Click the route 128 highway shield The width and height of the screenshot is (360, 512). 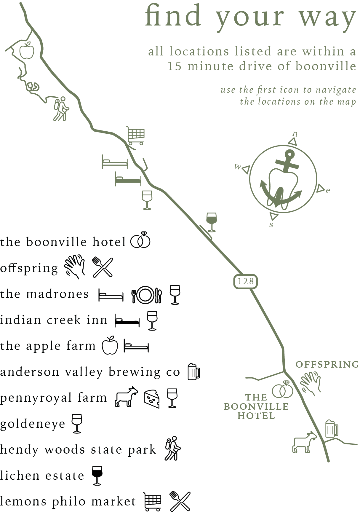pos(245,281)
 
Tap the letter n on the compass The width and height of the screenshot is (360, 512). pos(295,134)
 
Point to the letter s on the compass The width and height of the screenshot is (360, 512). pos(271,224)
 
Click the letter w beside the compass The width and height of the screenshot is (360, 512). pos(238,166)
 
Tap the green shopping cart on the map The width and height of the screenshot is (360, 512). pos(136,136)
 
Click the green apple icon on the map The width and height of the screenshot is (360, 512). pos(27,50)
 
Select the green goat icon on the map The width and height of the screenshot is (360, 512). pos(304,442)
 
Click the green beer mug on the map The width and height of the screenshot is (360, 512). pos(332,429)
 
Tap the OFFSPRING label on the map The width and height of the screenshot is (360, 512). pos(327,364)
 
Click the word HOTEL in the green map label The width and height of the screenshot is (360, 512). pos(256,416)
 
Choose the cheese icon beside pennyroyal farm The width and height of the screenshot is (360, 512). pos(152,398)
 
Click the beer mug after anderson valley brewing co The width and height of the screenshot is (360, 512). pos(194,371)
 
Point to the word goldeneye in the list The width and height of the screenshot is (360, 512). pos(33,424)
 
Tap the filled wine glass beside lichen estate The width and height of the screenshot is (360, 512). pos(97,476)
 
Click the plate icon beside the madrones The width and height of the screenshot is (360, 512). pos(145,295)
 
